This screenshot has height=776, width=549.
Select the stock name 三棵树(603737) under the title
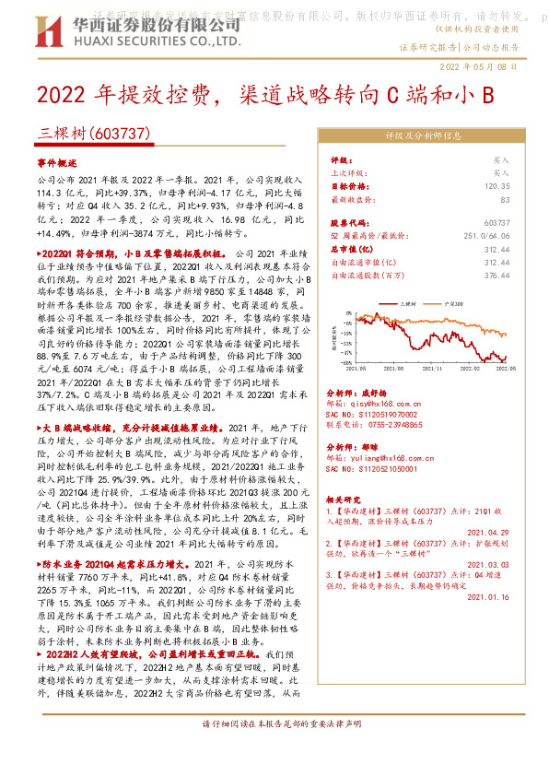(x=94, y=133)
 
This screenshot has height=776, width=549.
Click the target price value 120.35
(x=496, y=185)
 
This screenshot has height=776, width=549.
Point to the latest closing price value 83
(x=505, y=198)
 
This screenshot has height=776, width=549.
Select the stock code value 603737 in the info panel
(x=496, y=222)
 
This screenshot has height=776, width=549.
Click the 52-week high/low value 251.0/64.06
(x=485, y=235)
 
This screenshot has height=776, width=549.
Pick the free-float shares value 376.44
(x=496, y=274)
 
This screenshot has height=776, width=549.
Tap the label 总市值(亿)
(x=351, y=248)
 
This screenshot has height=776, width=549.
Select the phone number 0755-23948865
(x=405, y=426)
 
